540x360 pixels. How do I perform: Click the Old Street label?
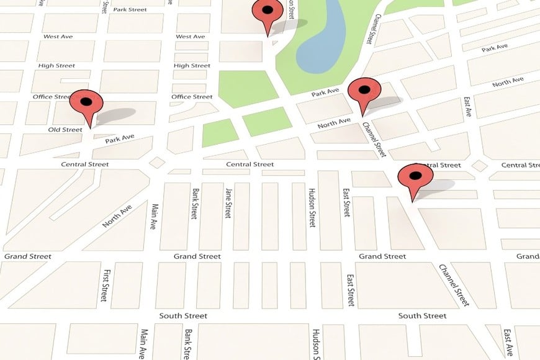[x=65, y=130]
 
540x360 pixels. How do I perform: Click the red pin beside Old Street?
[x=86, y=105]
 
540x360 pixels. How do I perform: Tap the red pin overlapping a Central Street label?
[x=415, y=179]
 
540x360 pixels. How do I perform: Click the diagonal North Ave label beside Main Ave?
[x=117, y=215]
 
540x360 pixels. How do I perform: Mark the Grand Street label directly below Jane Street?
[x=197, y=256]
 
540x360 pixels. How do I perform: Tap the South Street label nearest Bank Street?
[x=183, y=316]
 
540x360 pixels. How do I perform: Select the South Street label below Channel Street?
[x=422, y=316]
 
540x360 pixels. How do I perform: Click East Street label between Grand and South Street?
[x=351, y=289]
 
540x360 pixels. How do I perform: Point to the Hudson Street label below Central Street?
[x=312, y=207]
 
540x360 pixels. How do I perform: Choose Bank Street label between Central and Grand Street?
[x=194, y=204]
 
